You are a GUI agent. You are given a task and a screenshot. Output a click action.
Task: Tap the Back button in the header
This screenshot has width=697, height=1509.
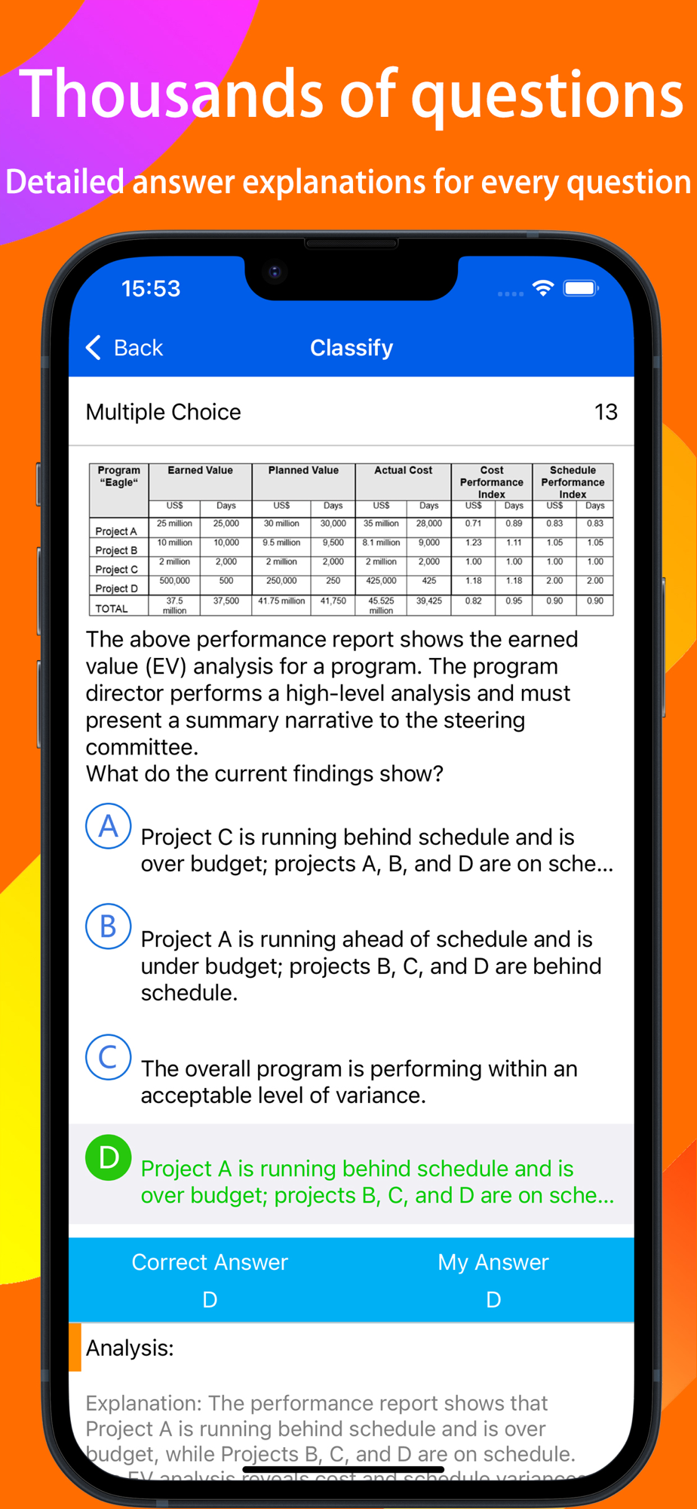[x=125, y=348]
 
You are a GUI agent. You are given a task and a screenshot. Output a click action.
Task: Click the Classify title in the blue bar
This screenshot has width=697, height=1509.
[x=352, y=348]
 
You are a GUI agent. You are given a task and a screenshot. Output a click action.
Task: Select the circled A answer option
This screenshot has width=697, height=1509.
[x=109, y=826]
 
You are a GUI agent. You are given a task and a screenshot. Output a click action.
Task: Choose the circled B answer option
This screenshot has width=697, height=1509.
[x=109, y=927]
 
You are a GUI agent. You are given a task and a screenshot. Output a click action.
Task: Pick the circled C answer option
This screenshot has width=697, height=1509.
[x=109, y=1057]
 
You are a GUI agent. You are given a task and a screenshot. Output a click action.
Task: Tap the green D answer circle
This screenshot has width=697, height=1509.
[x=109, y=1157]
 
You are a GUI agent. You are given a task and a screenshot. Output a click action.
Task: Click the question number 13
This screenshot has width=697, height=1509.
[x=606, y=412]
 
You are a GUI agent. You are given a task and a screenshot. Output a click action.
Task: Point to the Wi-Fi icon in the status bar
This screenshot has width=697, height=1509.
[x=542, y=288]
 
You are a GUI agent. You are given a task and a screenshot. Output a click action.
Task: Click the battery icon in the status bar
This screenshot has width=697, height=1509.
[x=581, y=288]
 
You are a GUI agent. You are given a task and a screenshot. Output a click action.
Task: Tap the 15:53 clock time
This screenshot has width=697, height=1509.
[x=151, y=288]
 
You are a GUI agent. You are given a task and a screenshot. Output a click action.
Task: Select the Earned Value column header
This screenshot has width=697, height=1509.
[x=200, y=471]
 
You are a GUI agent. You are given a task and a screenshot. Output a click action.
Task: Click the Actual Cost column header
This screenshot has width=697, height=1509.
[x=403, y=471]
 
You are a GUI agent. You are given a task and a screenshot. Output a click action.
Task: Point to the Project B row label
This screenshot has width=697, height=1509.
[x=116, y=551]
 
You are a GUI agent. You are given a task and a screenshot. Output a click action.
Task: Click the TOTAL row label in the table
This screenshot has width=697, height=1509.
[x=112, y=609]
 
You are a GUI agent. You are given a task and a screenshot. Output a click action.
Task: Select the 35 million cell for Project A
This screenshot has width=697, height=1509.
[x=381, y=524]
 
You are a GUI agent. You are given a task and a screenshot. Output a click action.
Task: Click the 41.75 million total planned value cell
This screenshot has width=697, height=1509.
[x=281, y=601]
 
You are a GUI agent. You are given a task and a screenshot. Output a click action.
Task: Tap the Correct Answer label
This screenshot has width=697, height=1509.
[x=210, y=1262]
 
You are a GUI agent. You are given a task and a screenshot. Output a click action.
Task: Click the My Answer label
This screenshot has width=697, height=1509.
[x=493, y=1262]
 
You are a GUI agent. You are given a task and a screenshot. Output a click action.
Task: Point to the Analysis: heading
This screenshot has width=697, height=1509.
[x=130, y=1348]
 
